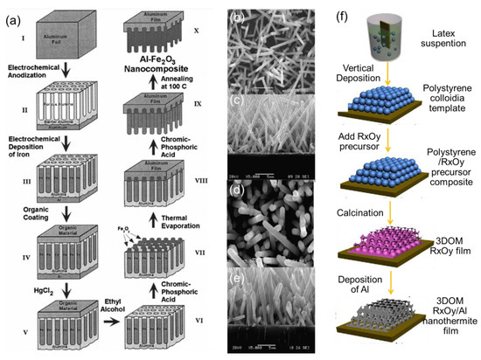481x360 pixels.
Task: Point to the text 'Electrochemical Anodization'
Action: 40,72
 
